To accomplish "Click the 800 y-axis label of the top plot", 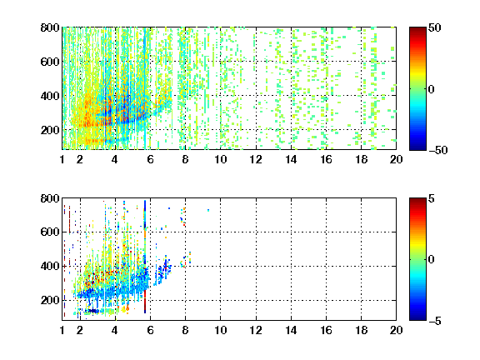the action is click(x=50, y=27).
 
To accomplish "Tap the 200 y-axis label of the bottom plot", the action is click(x=50, y=300).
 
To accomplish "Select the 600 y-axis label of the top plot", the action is click(x=50, y=62).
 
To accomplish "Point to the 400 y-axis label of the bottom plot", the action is click(x=50, y=266).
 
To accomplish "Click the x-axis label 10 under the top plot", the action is click(x=220, y=159).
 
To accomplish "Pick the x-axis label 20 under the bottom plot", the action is click(x=396, y=330).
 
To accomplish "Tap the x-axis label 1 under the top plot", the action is click(x=62, y=159).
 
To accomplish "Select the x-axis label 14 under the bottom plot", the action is click(x=291, y=330).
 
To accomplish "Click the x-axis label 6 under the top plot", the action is click(x=150, y=159).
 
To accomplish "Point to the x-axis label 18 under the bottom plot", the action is click(x=361, y=330).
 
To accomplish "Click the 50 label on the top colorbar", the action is click(x=435, y=27).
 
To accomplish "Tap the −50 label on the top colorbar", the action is click(x=438, y=150).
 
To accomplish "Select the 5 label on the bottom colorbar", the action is click(x=432, y=198).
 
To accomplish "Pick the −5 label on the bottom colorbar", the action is click(x=435, y=321).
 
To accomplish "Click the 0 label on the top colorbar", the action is click(x=432, y=89).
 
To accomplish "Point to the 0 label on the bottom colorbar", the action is click(x=432, y=260).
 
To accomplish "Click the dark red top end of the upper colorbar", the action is click(x=417, y=29).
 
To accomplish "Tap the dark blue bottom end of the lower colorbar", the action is click(x=417, y=318).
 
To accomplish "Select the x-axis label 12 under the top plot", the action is click(x=256, y=159).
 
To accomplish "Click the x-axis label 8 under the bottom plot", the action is click(x=185, y=330).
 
